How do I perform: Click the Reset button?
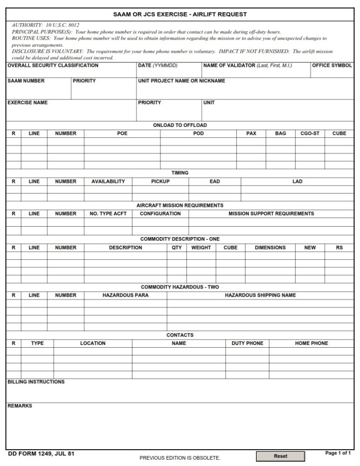point(280,456)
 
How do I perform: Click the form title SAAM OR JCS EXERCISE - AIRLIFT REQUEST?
point(180,15)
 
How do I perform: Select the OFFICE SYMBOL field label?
point(332,66)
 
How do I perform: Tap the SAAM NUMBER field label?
point(26,81)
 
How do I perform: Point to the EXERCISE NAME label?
point(28,103)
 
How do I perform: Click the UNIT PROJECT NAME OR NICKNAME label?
point(182,81)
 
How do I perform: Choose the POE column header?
point(122,134)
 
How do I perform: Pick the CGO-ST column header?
point(310,134)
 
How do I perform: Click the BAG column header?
point(281,134)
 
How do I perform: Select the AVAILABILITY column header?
point(108,182)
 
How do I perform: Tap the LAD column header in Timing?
point(297,182)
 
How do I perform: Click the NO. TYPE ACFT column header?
point(108,213)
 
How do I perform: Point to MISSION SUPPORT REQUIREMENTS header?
point(271,213)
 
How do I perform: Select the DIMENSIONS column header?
point(270,248)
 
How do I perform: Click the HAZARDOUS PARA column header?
point(125,295)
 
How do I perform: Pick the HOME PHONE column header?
point(311,344)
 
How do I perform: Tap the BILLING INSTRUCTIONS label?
point(36,382)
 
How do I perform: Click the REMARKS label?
point(20,406)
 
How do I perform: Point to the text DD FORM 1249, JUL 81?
point(41,454)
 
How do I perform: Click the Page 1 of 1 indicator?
point(338,453)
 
